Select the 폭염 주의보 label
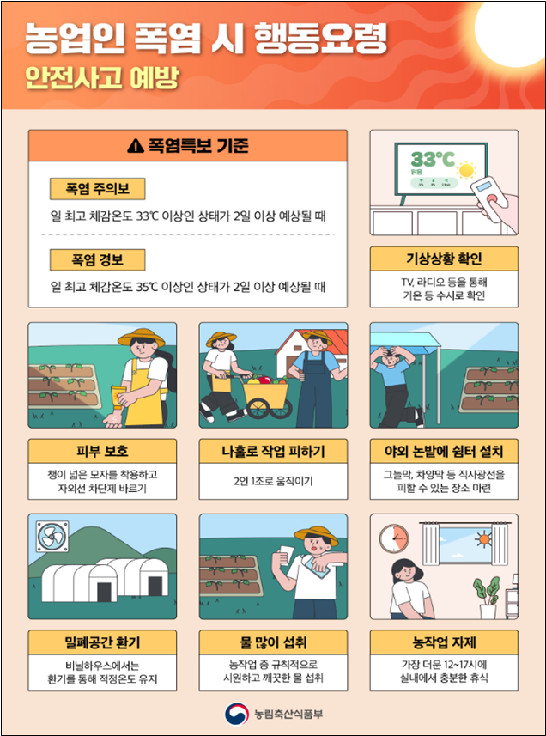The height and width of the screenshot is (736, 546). tap(97, 188)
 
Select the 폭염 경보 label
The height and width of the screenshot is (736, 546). tap(97, 259)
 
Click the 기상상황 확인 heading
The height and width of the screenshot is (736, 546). tap(444, 259)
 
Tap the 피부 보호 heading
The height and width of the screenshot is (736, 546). tap(102, 451)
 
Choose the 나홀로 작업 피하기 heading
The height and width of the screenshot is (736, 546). tap(273, 451)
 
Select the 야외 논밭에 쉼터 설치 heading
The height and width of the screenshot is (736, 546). tap(444, 451)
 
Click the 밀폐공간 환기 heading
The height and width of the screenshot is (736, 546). tap(102, 642)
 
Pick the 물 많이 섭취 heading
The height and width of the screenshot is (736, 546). tap(273, 642)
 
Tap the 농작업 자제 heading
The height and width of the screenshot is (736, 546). tap(444, 642)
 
